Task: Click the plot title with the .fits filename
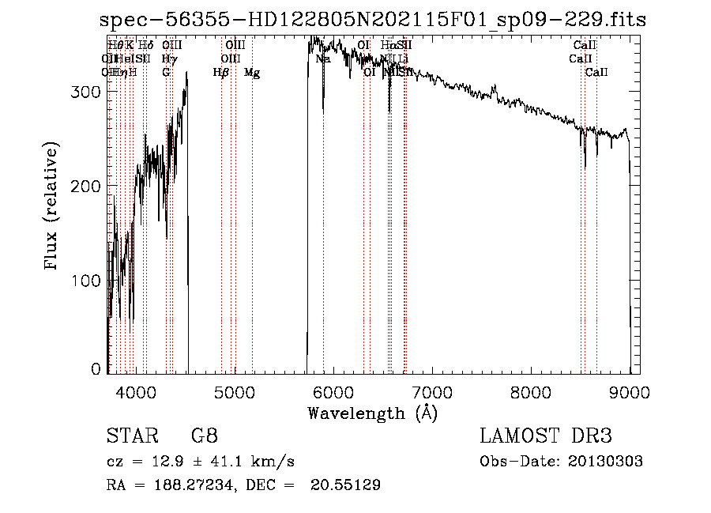374,20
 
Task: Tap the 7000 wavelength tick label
432,391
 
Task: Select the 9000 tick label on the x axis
630,391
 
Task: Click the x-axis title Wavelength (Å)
372,413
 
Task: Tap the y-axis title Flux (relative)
52,206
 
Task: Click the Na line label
323,58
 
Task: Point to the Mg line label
252,73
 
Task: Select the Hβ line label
221,73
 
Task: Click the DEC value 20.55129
348,485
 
